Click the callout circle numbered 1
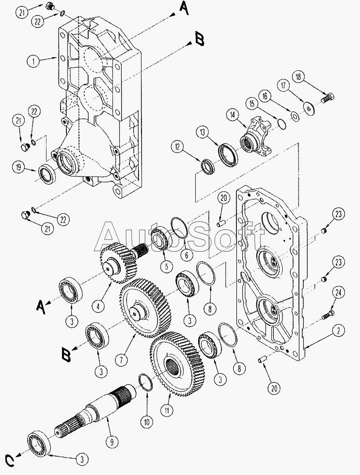33,62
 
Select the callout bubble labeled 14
233,115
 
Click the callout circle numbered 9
112,442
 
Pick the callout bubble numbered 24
338,293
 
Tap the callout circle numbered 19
19,168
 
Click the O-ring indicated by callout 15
282,124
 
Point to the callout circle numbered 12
177,147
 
